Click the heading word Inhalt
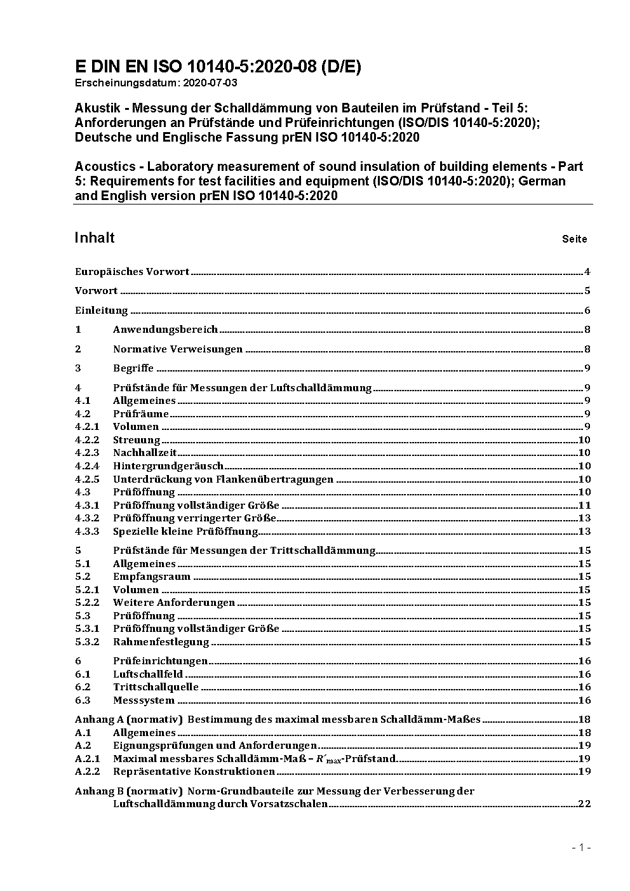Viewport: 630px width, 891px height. click(95, 238)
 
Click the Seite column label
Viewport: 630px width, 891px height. click(574, 239)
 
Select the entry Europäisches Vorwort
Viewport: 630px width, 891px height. click(132, 272)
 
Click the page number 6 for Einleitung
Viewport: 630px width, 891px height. click(587, 311)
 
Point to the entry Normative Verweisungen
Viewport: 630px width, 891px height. click(178, 349)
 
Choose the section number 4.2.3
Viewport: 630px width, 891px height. click(87, 453)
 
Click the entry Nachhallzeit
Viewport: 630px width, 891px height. click(145, 453)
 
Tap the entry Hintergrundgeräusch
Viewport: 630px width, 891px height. click(168, 466)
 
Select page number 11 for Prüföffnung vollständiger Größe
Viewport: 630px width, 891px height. click(584, 506)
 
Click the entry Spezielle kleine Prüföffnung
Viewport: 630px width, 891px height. click(185, 532)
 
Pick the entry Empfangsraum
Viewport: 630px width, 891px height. click(152, 577)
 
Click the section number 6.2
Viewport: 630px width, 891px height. click(83, 687)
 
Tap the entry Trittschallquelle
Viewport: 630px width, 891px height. click(156, 687)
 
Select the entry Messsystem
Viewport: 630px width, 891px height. click(144, 700)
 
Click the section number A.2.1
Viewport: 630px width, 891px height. click(87, 759)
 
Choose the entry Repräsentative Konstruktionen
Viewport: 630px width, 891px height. click(194, 772)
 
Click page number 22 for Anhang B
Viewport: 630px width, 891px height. click(584, 804)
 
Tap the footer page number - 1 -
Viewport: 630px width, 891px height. click(581, 847)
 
